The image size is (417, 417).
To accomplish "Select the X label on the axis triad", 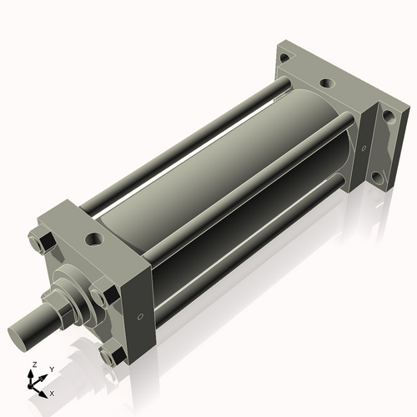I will pos(53,392).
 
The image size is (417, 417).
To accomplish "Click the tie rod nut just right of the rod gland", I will pos(104,294).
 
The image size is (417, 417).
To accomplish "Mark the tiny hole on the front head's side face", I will pos(140,316).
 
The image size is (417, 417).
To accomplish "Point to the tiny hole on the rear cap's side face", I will pos(364,148).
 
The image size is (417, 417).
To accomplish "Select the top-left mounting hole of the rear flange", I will pos(285,58).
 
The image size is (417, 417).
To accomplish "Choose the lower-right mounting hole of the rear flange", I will pos(377,177).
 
